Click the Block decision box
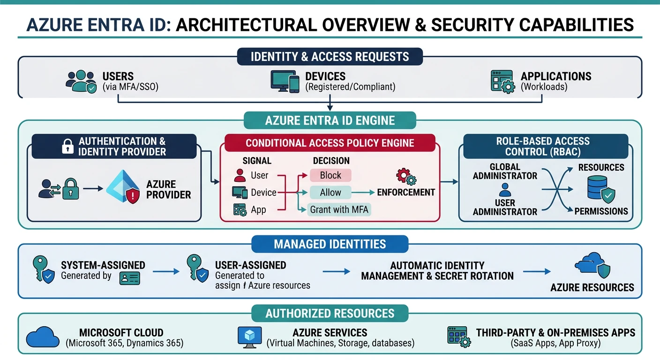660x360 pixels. point(330,175)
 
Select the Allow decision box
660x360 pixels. point(330,192)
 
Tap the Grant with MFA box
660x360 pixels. point(340,210)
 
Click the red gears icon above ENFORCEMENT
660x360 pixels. point(405,177)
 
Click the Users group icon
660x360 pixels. point(81,81)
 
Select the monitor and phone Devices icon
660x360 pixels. point(285,81)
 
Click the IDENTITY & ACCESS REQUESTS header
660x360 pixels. point(330,57)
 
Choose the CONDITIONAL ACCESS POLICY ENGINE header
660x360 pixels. point(330,142)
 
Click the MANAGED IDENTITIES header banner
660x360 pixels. point(330,244)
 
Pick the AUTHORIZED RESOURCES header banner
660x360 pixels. point(330,313)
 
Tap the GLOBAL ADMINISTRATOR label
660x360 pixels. point(505,171)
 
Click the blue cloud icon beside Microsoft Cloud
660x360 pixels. point(43,337)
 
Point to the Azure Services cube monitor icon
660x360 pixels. point(250,337)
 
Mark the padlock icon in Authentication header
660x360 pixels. point(68,146)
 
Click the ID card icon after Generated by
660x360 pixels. point(130,278)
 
